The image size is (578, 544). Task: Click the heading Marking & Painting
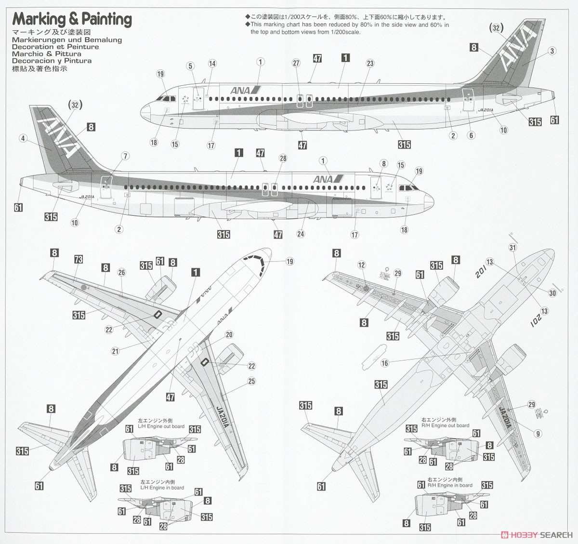pyautogui.click(x=72, y=19)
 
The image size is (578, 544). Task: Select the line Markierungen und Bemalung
pyautogui.click(x=67, y=40)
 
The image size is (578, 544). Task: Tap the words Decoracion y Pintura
pyautogui.click(x=52, y=61)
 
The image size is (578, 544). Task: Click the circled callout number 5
pyautogui.click(x=190, y=66)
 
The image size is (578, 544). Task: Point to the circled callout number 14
pyautogui.click(x=212, y=64)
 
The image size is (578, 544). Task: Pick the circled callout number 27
pyautogui.click(x=296, y=64)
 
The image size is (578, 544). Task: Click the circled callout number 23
pyautogui.click(x=370, y=64)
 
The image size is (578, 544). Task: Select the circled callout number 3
pyautogui.click(x=552, y=51)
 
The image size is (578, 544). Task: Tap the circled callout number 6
pyautogui.click(x=472, y=135)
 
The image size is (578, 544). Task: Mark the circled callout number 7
pyautogui.click(x=126, y=156)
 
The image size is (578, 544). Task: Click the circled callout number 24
pyautogui.click(x=301, y=234)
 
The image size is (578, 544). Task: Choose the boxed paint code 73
pyautogui.click(x=79, y=260)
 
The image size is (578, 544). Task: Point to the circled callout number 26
pyautogui.click(x=121, y=273)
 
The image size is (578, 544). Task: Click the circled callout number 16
pyautogui.click(x=384, y=363)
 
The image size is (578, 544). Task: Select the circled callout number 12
pyautogui.click(x=362, y=265)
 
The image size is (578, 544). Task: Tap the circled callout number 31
pyautogui.click(x=512, y=248)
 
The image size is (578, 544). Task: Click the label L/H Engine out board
pyautogui.click(x=161, y=426)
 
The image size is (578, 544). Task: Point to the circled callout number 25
pyautogui.click(x=251, y=381)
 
